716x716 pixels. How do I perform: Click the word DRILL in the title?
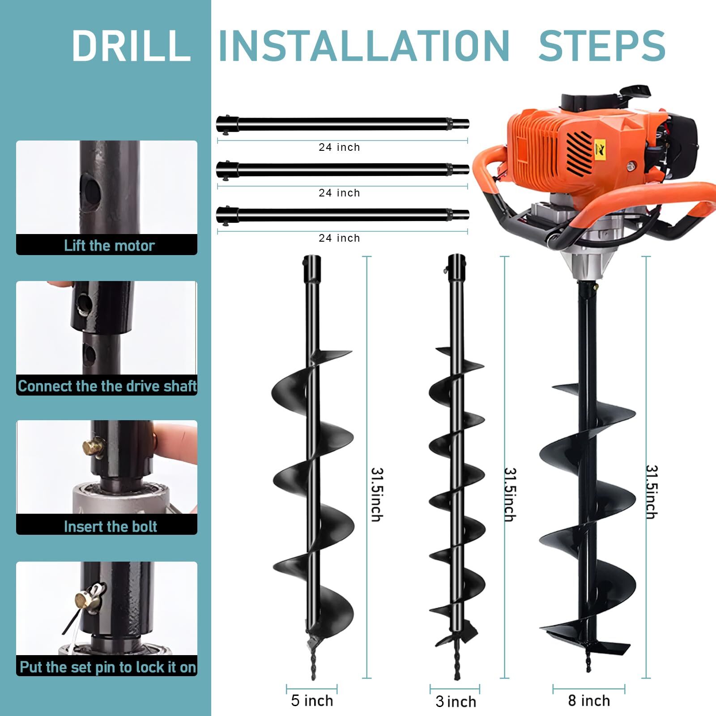131,46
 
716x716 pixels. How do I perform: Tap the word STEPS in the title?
601,46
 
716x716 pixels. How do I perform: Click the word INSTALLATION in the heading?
363,46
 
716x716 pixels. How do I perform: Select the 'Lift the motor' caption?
109,245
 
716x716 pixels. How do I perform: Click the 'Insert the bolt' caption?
110,526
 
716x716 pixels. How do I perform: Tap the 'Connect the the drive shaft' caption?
107,386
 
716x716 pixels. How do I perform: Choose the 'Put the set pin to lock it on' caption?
108,667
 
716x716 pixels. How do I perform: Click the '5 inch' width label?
312,700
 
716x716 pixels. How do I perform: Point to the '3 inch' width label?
456,701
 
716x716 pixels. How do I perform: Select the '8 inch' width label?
589,700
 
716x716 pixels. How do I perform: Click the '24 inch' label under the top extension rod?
339,147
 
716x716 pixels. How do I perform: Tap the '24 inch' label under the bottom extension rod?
339,238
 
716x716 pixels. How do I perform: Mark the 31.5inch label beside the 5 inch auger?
377,494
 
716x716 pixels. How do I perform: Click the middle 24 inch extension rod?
342,169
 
